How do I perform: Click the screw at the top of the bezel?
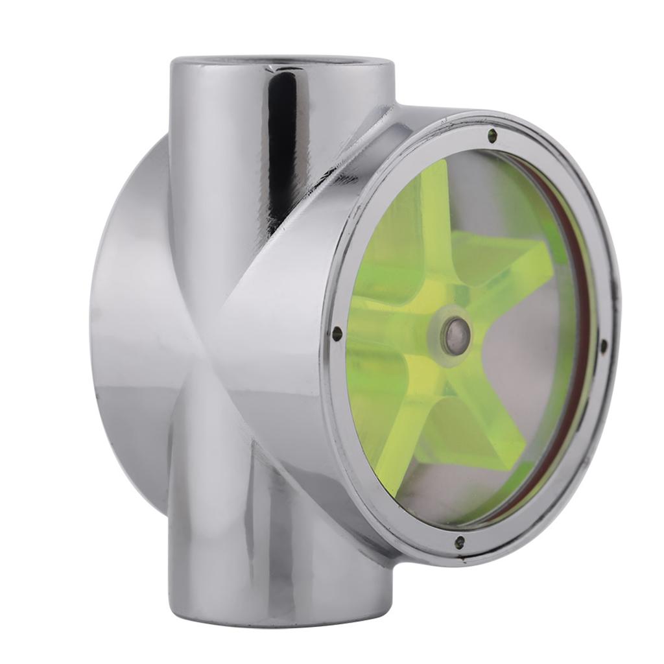[x=492, y=136]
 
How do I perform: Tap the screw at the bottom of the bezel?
[x=459, y=541]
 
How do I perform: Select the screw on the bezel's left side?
[x=337, y=334]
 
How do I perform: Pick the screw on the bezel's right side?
[x=603, y=344]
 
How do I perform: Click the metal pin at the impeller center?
[x=456, y=335]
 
